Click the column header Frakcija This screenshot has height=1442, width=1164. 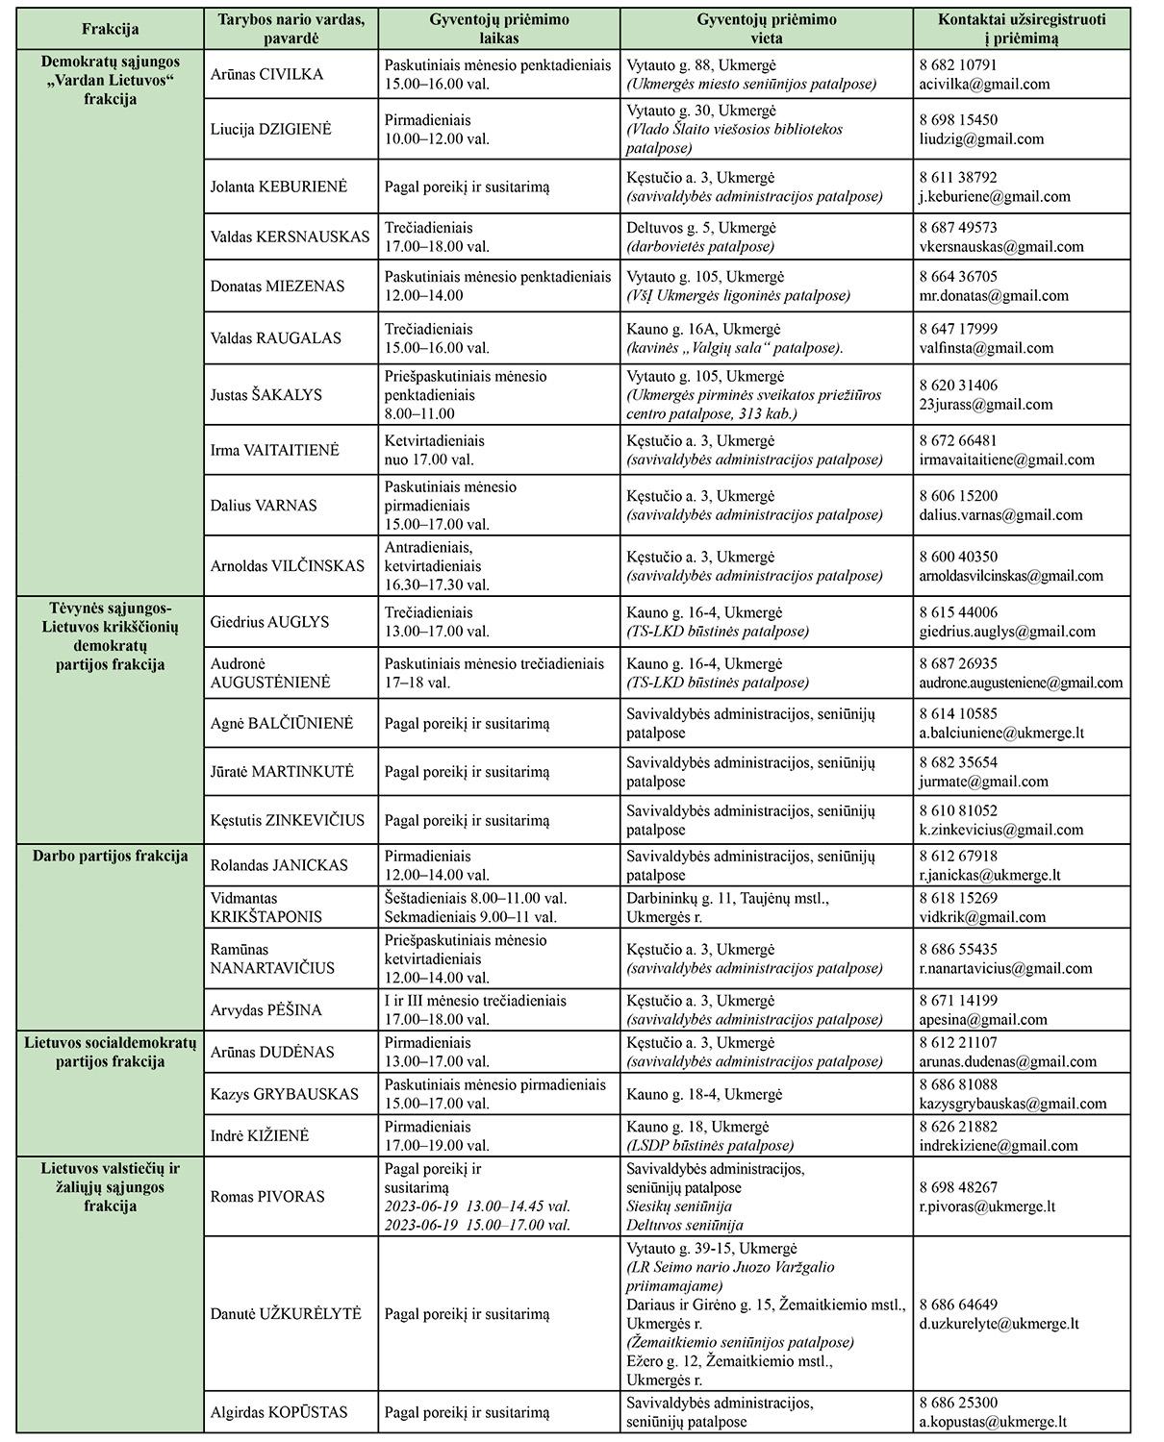click(x=110, y=29)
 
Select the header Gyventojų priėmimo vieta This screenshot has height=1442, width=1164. click(x=766, y=29)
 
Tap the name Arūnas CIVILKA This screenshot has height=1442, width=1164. click(x=266, y=74)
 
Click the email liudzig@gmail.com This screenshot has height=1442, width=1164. click(x=981, y=138)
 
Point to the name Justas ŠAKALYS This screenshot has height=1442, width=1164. click(x=266, y=394)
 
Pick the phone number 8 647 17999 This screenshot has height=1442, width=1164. click(x=958, y=329)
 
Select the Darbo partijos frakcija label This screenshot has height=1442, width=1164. click(x=110, y=856)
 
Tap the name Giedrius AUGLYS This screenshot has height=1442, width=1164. click(x=269, y=622)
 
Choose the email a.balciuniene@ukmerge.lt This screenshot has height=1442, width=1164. click(x=1001, y=733)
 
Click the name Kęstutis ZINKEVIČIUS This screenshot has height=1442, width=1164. click(x=288, y=820)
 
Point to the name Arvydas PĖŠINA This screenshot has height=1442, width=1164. click(x=266, y=1010)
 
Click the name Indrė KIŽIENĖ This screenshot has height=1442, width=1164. click(x=260, y=1135)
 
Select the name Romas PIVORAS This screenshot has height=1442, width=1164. click(x=267, y=1197)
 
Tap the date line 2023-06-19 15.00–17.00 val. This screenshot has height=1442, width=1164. click(x=477, y=1225)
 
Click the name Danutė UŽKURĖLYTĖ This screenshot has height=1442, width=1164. click(x=286, y=1313)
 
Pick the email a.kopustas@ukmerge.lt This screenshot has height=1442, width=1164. click(x=993, y=1422)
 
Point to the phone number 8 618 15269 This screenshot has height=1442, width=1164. click(x=958, y=898)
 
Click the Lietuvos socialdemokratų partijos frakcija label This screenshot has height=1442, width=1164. click(x=110, y=1052)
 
